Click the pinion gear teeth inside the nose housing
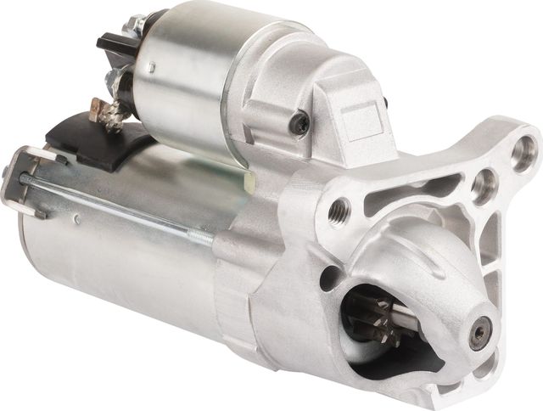click(x=373, y=319)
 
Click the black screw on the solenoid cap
click(x=299, y=124)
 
